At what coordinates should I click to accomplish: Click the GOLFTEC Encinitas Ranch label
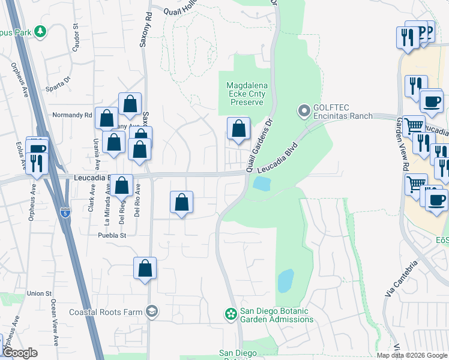[x=342, y=112]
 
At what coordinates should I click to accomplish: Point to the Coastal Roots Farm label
[x=106, y=312]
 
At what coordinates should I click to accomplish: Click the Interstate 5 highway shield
[x=65, y=212]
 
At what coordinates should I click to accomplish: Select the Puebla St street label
[x=113, y=236]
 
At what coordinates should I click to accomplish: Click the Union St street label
[x=39, y=293]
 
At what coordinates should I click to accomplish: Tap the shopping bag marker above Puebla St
[x=181, y=202]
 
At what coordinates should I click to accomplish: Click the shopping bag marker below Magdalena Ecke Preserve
[x=238, y=128]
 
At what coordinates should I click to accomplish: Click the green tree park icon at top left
[x=40, y=31]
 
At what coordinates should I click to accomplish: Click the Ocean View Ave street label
[x=55, y=323]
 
